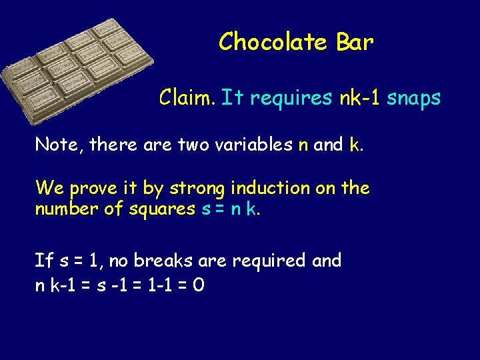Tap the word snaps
coord(414,99)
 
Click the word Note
coord(55,144)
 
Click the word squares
coord(163,209)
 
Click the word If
coord(42,260)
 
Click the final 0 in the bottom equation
coord(198,285)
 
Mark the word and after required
coord(326,260)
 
